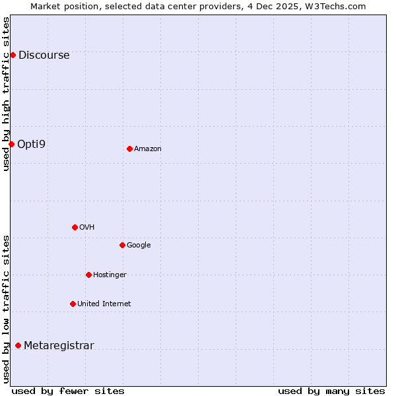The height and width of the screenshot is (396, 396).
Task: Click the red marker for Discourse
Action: coord(13,55)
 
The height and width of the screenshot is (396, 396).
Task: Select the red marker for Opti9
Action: coord(11,144)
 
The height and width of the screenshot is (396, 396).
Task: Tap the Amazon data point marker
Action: coord(129,148)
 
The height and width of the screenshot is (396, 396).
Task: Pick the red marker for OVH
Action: coord(75,227)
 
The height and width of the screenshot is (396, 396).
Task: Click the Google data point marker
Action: coord(122,245)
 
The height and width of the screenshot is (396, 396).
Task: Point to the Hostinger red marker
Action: coord(88,275)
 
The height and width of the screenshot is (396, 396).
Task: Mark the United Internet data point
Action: coord(73,304)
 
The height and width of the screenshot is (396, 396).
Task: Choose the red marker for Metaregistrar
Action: coord(18,345)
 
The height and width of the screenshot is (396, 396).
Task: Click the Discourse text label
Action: coord(44,55)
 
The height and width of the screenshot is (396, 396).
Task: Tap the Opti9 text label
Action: coord(31,144)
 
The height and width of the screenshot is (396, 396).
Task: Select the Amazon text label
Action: coord(147,149)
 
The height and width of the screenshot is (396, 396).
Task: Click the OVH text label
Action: coord(86,228)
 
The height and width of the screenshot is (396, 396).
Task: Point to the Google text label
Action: coord(139,246)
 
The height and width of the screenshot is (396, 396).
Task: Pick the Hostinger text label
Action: coord(110,275)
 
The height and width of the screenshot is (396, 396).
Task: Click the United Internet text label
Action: coord(104,304)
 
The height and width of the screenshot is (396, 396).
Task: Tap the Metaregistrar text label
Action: coord(59,346)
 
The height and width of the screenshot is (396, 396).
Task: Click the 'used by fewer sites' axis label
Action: coord(68,391)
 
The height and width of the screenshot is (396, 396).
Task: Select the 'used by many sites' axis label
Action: coord(331,391)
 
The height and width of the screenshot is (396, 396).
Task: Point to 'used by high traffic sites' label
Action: coord(6,94)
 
